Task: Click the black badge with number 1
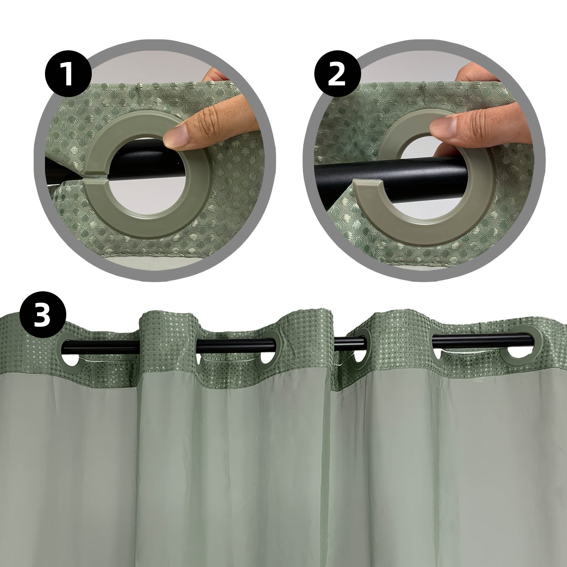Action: (x=68, y=75)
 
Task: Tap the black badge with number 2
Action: (x=337, y=75)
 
